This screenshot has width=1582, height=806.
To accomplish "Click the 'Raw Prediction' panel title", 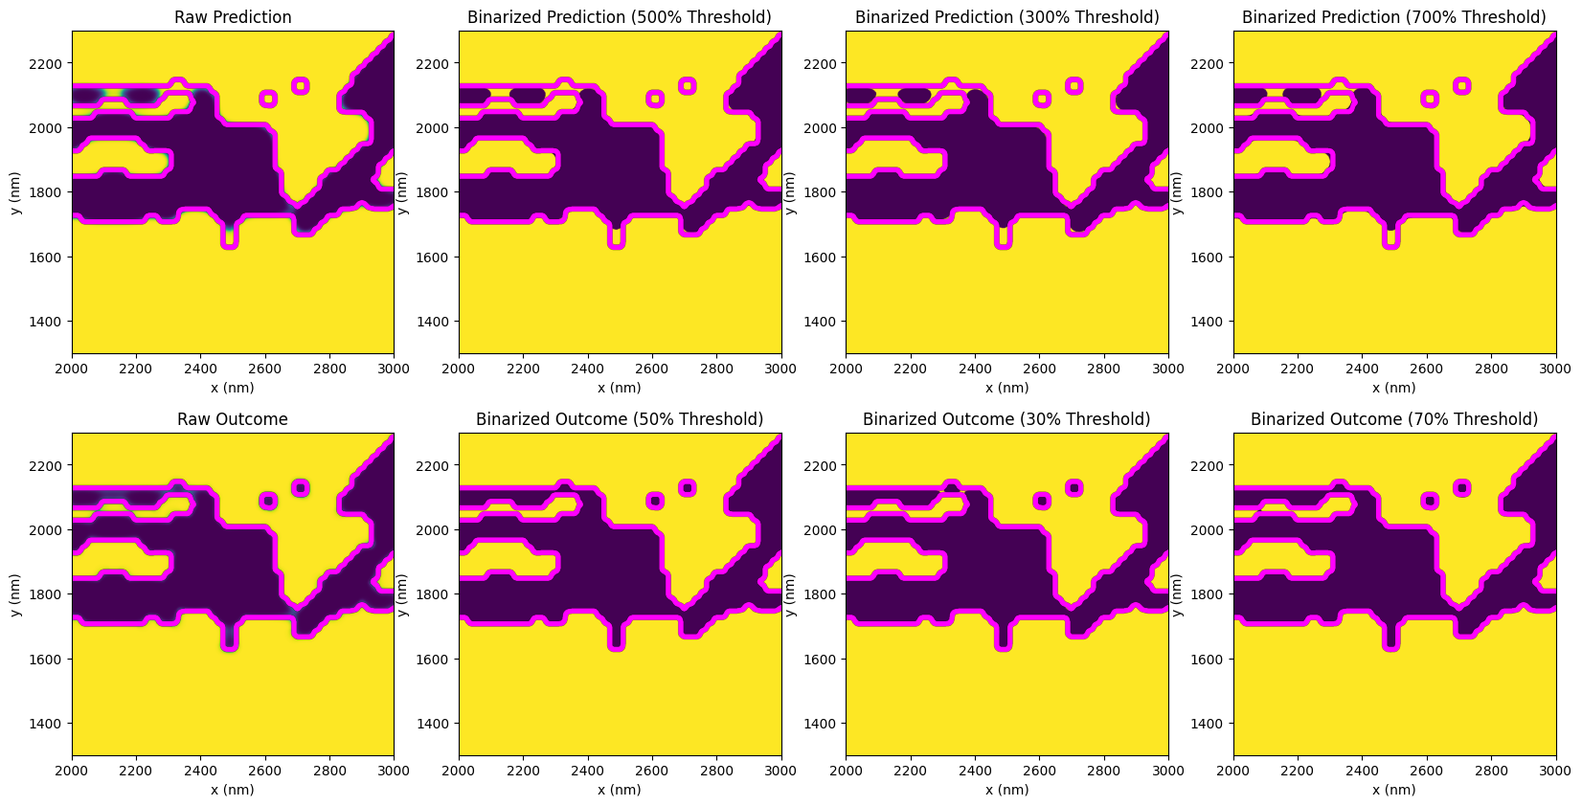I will [233, 17].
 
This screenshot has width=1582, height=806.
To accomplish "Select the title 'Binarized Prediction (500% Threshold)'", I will [620, 17].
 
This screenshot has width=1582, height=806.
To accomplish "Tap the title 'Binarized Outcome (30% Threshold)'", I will [1006, 419].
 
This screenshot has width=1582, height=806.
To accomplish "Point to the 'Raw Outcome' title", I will [233, 419].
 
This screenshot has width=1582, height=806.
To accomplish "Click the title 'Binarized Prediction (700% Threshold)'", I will [1393, 17].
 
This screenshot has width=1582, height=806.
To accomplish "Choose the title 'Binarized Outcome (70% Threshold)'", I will [1393, 419].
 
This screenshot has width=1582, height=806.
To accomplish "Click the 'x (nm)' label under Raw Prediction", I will [233, 388].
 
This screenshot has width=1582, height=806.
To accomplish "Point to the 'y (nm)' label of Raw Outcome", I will [16, 594].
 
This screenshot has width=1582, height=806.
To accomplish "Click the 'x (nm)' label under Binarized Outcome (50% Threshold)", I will [620, 790].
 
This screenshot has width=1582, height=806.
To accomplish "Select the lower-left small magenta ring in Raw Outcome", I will [268, 501].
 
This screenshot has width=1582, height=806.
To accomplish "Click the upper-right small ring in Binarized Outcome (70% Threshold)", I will [1461, 488].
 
